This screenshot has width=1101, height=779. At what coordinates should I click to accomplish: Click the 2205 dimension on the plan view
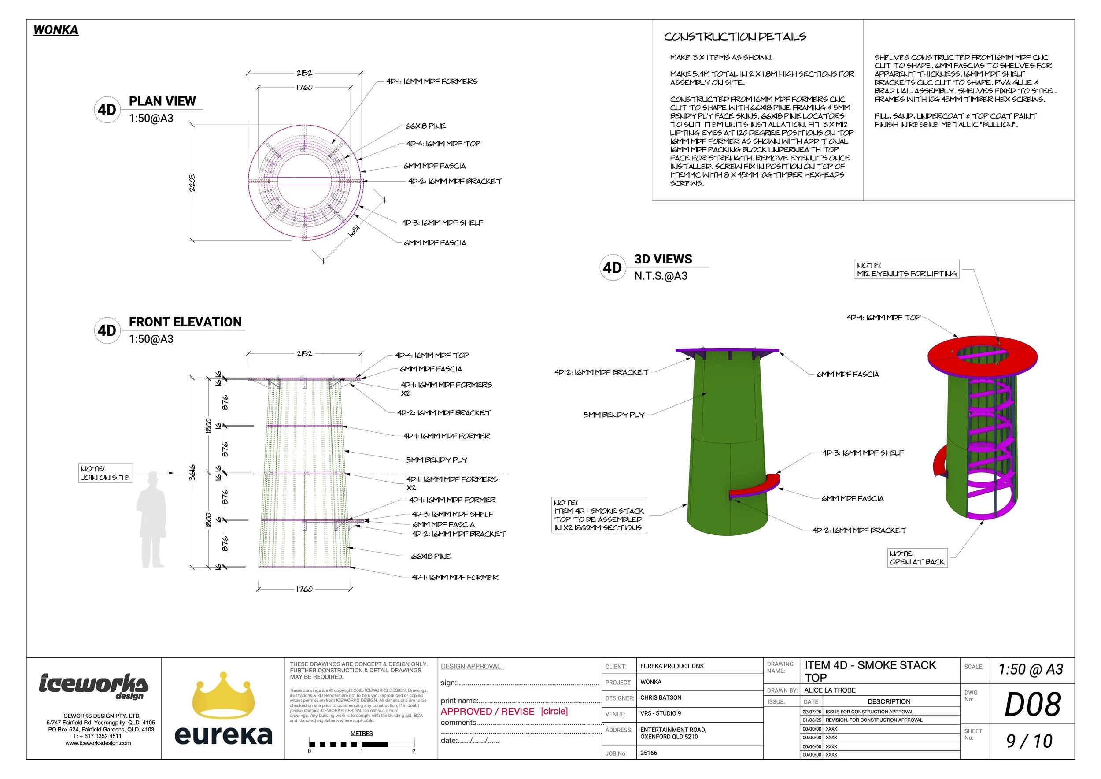coord(192,183)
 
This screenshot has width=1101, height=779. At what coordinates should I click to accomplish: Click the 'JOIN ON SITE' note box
coord(106,473)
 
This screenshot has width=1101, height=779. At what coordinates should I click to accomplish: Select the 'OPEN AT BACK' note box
coord(917,558)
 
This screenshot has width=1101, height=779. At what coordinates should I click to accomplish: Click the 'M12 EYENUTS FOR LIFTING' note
coord(907,270)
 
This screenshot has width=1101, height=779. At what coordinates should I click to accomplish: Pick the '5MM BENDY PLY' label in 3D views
coord(614,415)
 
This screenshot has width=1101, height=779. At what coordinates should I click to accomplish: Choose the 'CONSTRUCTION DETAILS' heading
coord(735,37)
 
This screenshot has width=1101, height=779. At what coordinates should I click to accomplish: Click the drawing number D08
coord(1032,704)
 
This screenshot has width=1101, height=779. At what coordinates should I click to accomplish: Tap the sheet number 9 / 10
coord(1029,742)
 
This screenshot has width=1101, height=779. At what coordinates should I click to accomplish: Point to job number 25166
coord(649,753)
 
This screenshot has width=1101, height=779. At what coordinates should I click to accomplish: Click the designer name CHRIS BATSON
coord(661,698)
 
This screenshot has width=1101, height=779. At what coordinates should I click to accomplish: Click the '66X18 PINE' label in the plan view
coord(425,126)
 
